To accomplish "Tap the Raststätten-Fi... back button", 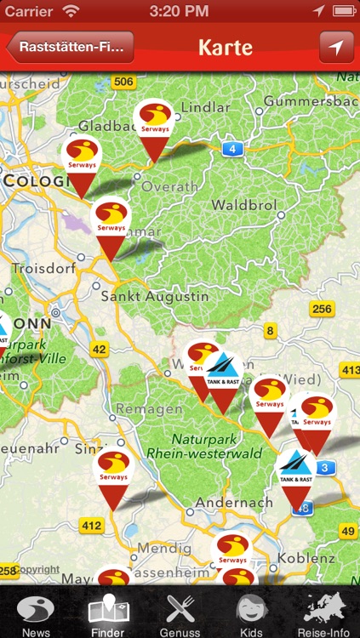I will (x=71, y=48).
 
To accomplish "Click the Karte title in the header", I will (x=226, y=47).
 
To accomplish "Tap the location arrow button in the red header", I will (x=336, y=48).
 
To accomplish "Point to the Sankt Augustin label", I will (x=154, y=297).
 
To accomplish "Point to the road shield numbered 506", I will (x=124, y=83).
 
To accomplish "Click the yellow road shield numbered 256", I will (x=322, y=309).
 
